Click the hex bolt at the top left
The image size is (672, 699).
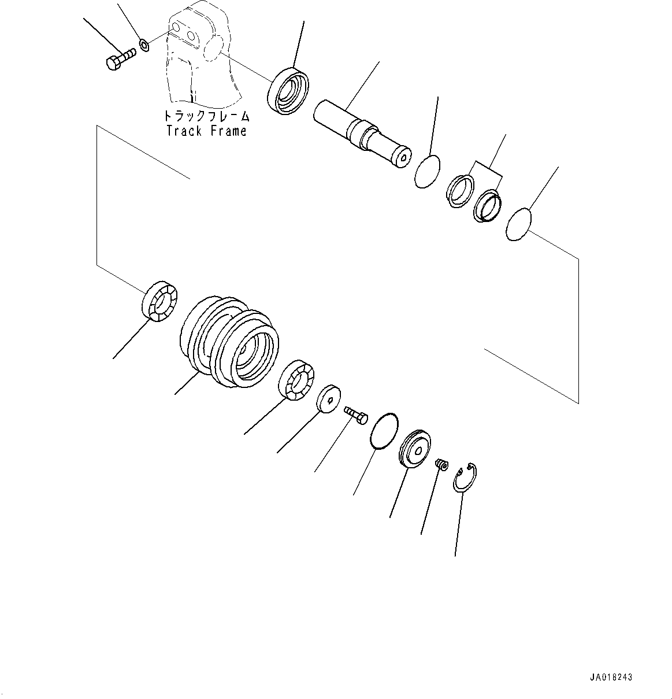120,59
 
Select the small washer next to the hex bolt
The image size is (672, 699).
144,43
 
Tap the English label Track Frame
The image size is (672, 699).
206,131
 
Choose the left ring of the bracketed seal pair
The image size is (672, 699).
460,190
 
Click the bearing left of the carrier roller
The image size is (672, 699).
160,299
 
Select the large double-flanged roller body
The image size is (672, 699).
229,342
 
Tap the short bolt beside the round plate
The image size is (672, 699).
357,415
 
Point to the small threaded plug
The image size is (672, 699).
441,464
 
